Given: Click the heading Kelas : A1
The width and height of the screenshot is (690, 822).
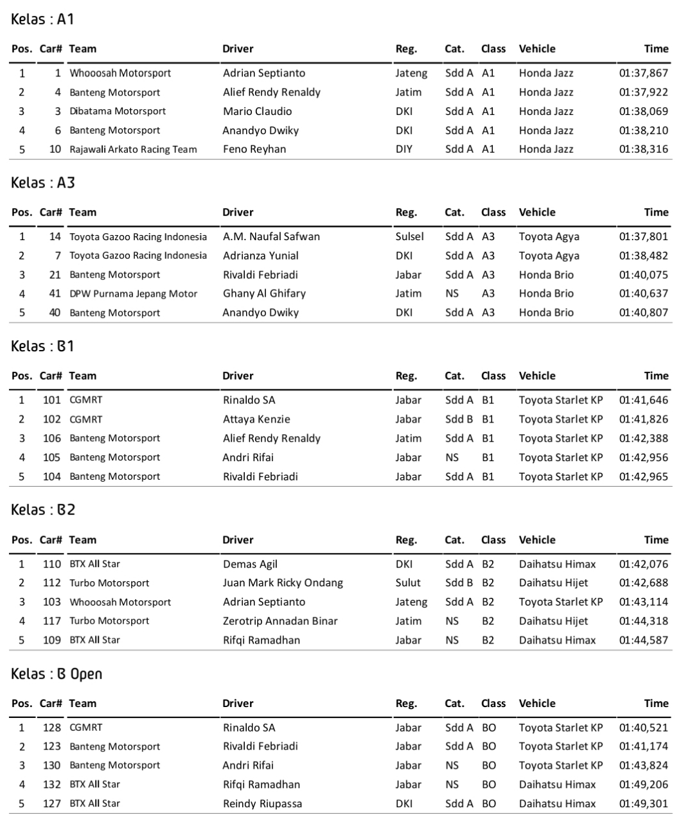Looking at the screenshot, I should coord(42,19).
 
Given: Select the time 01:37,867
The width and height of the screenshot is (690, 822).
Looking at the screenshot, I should coord(643,73).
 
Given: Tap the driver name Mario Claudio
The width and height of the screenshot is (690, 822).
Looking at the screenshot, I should coord(257,111).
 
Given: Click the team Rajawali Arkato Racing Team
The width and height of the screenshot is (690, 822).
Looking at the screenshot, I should coord(133,149).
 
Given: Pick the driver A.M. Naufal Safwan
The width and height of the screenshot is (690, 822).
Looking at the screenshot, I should coord(271,236).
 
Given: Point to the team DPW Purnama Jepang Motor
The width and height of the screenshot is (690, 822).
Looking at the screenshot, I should coord(133,293).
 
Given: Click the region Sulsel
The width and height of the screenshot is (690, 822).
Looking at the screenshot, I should coord(409,236).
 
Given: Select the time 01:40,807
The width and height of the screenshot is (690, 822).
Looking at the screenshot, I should coord(643,313).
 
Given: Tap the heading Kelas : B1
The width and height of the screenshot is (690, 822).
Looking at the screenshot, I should coord(42,346).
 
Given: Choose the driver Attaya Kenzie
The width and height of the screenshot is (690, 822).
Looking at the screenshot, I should coord(256,419).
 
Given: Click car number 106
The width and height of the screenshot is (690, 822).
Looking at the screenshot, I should coord(51,438).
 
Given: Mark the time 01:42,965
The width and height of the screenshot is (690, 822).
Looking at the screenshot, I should coord(643,477).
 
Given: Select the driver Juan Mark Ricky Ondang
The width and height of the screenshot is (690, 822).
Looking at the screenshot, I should coord(283,583).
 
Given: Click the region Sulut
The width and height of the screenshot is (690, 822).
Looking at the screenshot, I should coord(408,583).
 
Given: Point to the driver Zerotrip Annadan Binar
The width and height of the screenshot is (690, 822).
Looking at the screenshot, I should coord(280,621).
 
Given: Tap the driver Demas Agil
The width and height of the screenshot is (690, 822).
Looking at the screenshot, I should coord(250,564).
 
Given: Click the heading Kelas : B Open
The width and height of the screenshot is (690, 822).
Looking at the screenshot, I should coord(57,674).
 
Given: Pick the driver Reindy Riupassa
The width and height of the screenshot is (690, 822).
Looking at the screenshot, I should coord(262,803).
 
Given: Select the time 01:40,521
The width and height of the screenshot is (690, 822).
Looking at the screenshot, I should coord(643,728).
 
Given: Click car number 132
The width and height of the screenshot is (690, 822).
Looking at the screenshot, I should coord(51,784).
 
